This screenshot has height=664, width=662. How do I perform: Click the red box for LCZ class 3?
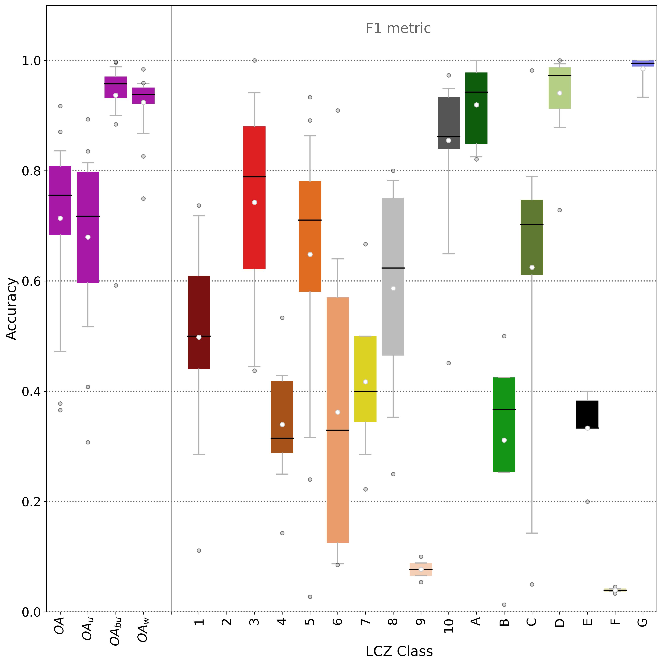pos(254,198)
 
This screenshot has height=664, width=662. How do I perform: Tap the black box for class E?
pos(587,414)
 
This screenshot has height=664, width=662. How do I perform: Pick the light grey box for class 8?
pos(393,277)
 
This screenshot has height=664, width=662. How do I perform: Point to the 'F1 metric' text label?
pos(398,28)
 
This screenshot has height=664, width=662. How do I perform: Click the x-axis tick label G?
pos(643,622)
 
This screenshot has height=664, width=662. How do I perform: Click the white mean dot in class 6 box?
pos(337,412)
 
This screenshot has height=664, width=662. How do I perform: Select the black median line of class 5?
pos(310,220)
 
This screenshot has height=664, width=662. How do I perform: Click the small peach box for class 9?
pos(421,569)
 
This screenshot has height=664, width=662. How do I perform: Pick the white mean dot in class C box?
pos(532,267)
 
